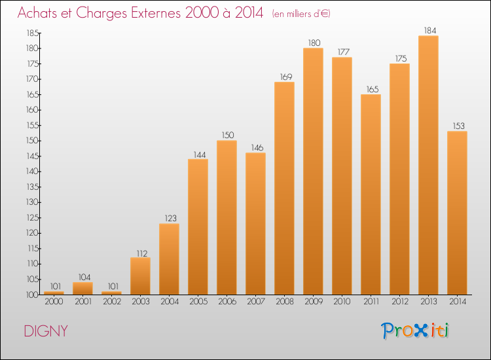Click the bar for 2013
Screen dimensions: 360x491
(428, 165)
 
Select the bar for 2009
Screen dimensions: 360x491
(313, 171)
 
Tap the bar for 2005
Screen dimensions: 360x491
(198, 226)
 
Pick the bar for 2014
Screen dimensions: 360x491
(457, 213)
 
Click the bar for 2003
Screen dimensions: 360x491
(140, 276)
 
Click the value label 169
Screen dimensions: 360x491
(284, 75)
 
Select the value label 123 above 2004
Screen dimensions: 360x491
(169, 217)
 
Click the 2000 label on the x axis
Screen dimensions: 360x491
(54, 302)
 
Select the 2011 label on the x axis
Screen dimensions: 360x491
(371, 302)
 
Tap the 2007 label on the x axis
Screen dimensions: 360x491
(255, 302)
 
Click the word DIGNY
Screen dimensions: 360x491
(46, 331)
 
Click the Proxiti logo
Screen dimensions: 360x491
(416, 331)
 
